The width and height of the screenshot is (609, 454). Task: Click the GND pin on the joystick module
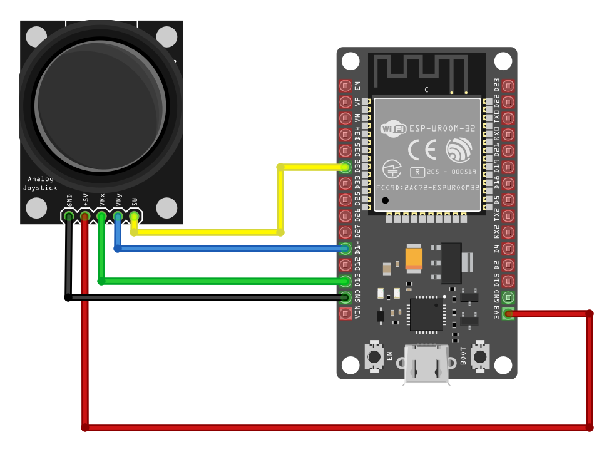(x=69, y=216)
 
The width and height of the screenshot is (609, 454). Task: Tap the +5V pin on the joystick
(x=85, y=216)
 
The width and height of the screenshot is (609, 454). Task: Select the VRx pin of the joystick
(x=101, y=216)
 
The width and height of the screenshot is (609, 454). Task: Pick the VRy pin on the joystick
(x=118, y=216)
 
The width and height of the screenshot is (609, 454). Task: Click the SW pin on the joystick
(x=134, y=216)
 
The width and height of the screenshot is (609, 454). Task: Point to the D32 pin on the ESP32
(x=345, y=167)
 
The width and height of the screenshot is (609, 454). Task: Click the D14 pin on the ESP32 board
(x=345, y=249)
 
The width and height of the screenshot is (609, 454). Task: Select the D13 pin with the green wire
(x=345, y=281)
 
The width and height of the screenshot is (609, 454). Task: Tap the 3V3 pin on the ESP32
(x=508, y=313)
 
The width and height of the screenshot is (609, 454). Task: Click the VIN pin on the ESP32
(x=345, y=314)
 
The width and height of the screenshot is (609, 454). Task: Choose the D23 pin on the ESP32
(x=508, y=86)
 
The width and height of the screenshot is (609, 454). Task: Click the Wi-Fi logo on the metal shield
(x=394, y=129)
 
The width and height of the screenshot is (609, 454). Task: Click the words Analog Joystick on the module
(x=40, y=183)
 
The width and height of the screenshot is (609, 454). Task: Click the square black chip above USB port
(x=426, y=314)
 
